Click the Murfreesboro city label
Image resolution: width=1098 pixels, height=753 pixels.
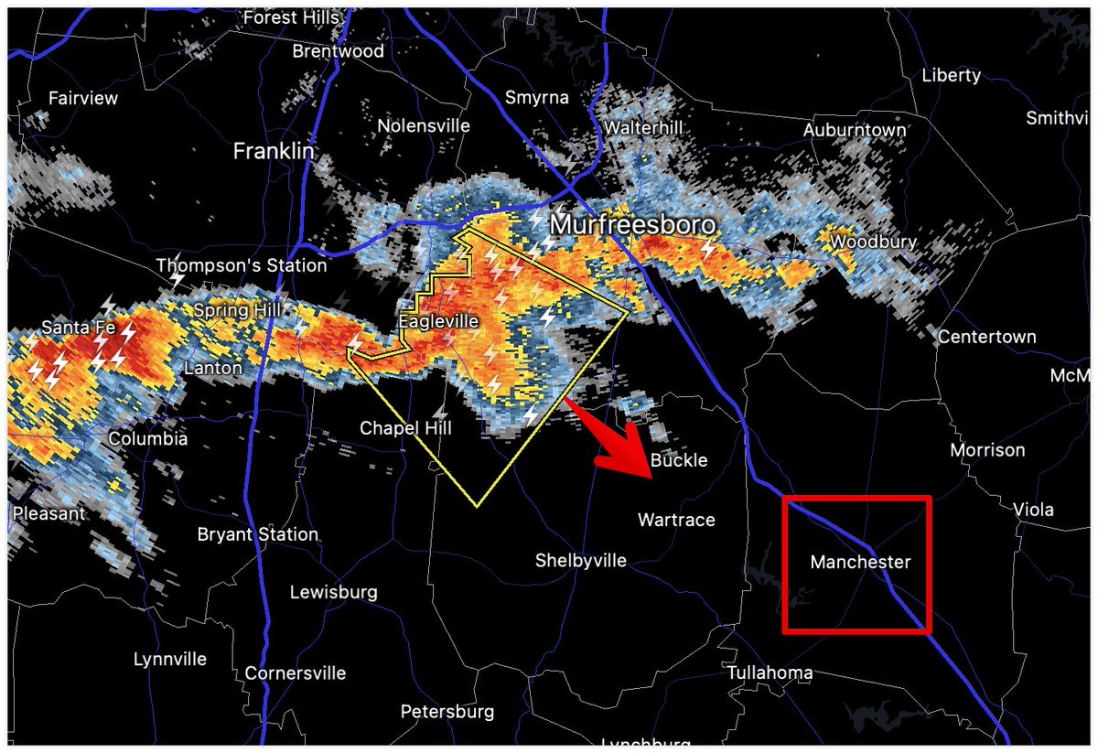[632, 224]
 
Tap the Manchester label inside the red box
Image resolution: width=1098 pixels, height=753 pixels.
[860, 562]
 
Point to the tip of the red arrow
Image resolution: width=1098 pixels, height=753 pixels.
[650, 479]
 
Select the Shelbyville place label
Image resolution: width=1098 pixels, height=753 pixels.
[581, 560]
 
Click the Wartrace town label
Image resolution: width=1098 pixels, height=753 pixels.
[675, 520]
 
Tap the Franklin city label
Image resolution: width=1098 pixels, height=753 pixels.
[273, 151]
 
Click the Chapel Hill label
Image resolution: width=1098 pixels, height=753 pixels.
[405, 427]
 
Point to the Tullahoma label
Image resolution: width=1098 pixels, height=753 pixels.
[770, 672]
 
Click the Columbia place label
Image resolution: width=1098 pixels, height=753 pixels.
[147, 439]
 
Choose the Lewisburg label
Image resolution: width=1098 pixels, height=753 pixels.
[333, 592]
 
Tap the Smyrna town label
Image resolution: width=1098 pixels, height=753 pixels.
[537, 98]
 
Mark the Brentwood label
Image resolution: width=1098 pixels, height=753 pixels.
[338, 51]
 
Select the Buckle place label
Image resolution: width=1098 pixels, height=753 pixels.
[679, 459]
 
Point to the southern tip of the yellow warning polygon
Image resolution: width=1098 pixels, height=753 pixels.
[477, 506]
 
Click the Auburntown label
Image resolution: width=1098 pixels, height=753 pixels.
[854, 131]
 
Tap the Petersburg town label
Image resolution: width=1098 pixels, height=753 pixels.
[447, 711]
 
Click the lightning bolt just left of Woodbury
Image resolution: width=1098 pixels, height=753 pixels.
[707, 248]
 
